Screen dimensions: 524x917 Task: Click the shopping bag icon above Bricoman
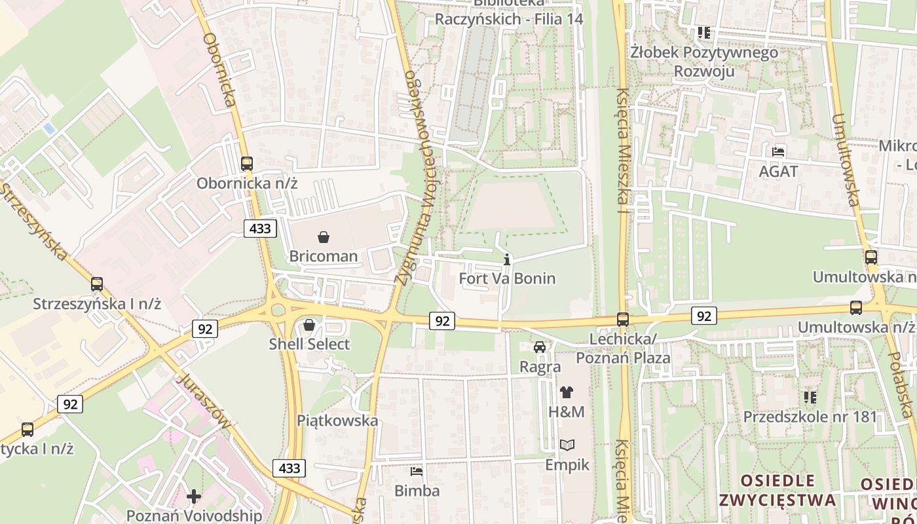[x=323, y=236]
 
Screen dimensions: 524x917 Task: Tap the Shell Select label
[x=310, y=344]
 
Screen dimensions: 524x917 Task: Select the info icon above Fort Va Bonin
[x=507, y=260]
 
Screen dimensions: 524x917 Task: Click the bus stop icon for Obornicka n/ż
[x=247, y=164]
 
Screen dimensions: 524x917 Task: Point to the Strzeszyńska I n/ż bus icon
[x=97, y=284]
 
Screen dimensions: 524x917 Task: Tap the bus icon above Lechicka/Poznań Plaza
[x=623, y=320]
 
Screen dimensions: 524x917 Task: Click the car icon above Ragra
[x=540, y=347]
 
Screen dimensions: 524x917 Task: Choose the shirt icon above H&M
[x=567, y=392]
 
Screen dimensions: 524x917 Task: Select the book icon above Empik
[x=567, y=445]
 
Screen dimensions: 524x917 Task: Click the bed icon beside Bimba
[x=417, y=471]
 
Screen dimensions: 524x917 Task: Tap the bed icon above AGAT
[x=778, y=151]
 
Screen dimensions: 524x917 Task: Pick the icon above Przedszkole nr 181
[x=810, y=397]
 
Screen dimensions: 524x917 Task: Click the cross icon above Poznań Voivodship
[x=194, y=496]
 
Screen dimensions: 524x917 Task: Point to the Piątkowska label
[x=337, y=420]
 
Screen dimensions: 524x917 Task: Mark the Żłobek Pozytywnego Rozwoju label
[x=704, y=62]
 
